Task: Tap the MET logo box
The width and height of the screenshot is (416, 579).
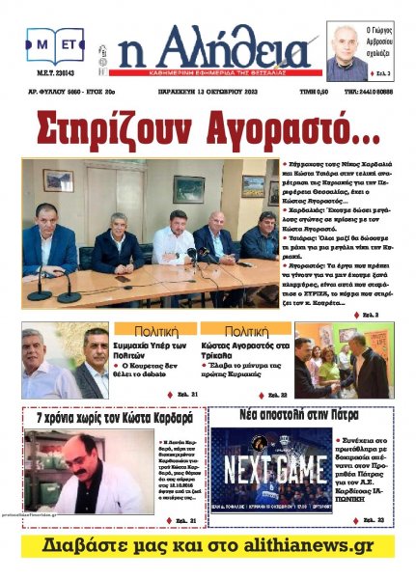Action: click(59, 44)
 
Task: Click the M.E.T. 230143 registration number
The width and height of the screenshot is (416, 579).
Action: click(53, 81)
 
